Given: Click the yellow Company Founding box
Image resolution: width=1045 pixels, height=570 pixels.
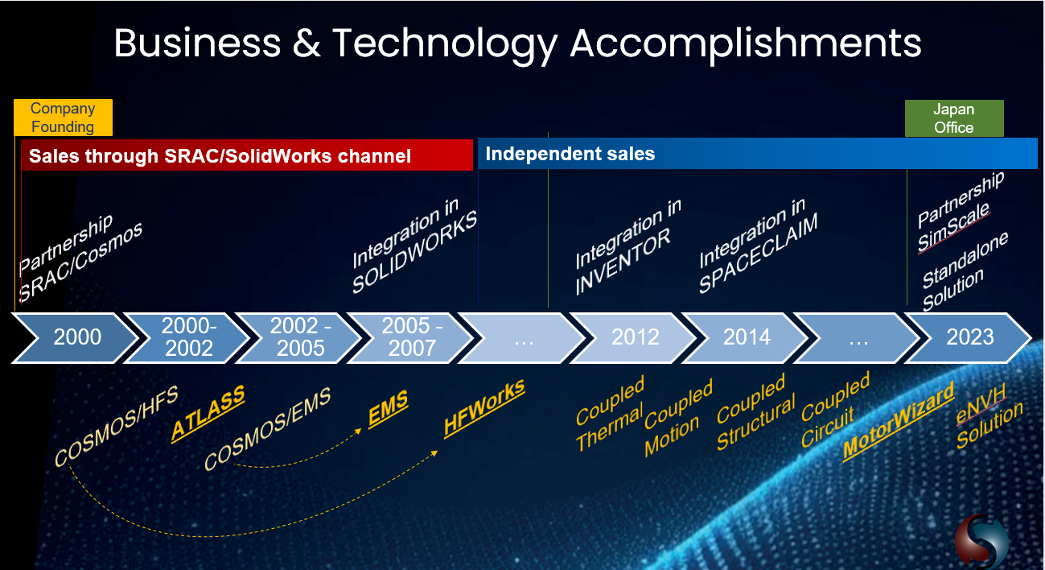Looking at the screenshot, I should (63, 118).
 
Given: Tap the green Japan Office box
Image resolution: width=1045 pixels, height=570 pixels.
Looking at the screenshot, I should (954, 118).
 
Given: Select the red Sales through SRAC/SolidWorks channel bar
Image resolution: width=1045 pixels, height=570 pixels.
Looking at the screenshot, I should (245, 155).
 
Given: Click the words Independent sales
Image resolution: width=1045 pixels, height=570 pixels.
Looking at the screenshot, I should (570, 154).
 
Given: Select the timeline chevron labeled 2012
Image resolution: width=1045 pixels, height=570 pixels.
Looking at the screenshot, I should (635, 337).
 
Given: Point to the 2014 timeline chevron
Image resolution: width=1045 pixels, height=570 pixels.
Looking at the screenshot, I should (747, 337).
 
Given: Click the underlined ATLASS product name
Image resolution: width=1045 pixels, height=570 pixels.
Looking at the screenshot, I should (208, 414).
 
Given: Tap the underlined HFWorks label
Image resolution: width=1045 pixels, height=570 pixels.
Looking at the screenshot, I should (484, 408).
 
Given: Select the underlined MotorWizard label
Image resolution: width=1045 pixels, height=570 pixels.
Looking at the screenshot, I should (899, 421).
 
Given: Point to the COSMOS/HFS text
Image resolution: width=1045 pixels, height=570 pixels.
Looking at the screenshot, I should (116, 426).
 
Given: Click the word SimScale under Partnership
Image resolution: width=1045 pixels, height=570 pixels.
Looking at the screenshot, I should (955, 225).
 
